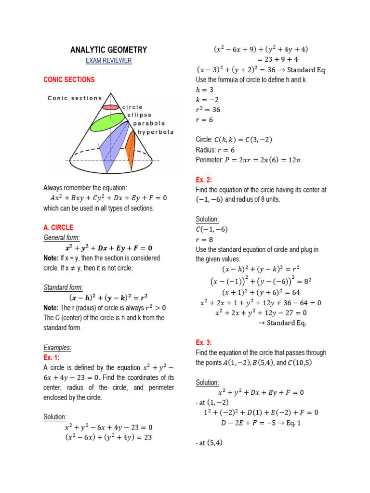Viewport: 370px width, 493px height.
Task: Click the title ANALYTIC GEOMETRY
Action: click(108, 50)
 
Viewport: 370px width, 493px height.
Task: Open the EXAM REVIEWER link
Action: click(108, 61)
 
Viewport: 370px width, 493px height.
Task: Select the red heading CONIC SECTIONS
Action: click(69, 79)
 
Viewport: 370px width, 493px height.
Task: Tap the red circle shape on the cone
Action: click(110, 107)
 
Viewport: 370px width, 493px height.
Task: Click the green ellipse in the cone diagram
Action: click(107, 123)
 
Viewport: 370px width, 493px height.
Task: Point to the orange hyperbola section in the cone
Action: click(130, 147)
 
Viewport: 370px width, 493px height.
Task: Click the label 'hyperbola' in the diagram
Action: click(156, 131)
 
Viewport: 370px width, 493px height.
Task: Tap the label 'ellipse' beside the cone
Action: click(140, 115)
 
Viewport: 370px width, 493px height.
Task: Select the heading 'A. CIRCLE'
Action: click(58, 227)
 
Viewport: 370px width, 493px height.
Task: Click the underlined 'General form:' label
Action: click(62, 238)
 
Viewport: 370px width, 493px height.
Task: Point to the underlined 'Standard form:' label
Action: click(63, 287)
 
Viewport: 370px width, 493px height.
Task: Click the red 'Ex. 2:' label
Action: click(204, 180)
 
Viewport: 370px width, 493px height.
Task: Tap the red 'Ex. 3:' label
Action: click(204, 342)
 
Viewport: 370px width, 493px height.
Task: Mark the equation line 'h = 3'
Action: click(205, 90)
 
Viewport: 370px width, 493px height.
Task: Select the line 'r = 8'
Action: click(204, 239)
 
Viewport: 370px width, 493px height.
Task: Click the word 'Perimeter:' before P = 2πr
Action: click(209, 160)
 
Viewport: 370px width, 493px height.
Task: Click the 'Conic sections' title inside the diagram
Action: click(75, 98)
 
